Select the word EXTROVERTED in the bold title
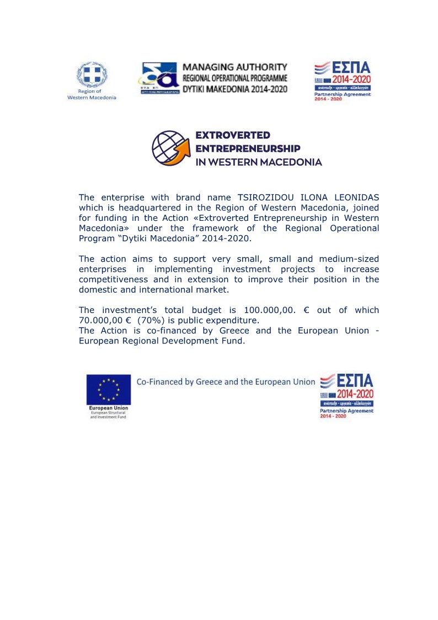click(233, 135)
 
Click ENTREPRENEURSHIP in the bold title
click(248, 149)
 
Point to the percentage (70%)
click(151, 320)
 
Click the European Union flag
click(109, 390)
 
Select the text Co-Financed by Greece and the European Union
click(226, 381)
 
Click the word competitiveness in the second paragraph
click(116, 279)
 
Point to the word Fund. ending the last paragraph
click(231, 341)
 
